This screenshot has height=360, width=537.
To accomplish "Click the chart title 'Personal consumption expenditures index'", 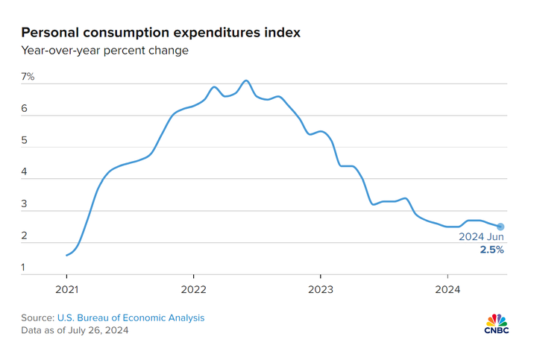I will (x=161, y=32).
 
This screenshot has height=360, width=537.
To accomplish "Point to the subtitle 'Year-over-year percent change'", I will (x=104, y=51).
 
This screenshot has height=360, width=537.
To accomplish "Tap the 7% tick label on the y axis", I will (x=28, y=77).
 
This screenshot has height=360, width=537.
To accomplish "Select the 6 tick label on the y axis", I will (x=24, y=109).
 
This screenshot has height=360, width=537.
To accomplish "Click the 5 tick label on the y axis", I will (x=24, y=140).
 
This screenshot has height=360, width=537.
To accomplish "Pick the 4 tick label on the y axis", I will (x=24, y=172).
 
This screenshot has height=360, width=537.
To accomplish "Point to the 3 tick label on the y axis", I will (x=24, y=204).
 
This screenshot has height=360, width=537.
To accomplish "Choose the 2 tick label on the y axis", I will (x=24, y=236).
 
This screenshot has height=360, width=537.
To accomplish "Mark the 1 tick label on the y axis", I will (x=24, y=268).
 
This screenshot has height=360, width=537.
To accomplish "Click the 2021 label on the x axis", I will (x=66, y=289).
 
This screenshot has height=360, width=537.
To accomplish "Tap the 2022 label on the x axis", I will (x=193, y=289).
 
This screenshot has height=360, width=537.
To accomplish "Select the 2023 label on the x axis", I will (x=321, y=289).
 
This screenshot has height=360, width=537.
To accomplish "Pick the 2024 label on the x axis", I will (x=447, y=289).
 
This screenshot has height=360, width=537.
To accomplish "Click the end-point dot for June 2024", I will (x=500, y=227).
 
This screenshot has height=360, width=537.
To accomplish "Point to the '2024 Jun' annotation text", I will (x=481, y=237).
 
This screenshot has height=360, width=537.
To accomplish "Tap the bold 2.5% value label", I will (x=492, y=250).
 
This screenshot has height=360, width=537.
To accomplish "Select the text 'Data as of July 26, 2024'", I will (x=75, y=330).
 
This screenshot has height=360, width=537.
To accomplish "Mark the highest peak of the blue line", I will (x=246, y=80).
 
